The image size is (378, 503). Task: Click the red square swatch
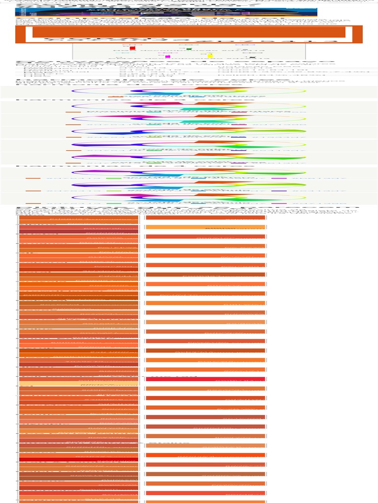[132, 49]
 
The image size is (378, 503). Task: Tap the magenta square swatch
[168, 56]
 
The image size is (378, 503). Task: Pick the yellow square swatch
[210, 56]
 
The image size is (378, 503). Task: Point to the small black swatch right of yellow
[252, 57]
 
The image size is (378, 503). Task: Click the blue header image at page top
[166, 12]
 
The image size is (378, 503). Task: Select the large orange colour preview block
[189, 32]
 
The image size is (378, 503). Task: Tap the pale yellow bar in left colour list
[79, 383]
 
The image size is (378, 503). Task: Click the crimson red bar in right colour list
[205, 379]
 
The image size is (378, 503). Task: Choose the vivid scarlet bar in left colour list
[79, 459]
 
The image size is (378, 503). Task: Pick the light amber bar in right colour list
[205, 227]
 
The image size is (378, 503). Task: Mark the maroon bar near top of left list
[79, 231]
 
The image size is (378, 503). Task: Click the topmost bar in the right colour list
[205, 218]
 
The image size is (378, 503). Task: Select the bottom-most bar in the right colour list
[205, 493]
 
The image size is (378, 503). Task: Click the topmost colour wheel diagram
[189, 91]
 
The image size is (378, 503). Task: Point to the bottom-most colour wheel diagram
[189, 197]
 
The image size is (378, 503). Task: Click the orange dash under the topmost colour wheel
[115, 97]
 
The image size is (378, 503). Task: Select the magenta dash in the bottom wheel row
[279, 203]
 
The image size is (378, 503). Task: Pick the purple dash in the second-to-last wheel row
[279, 191]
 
